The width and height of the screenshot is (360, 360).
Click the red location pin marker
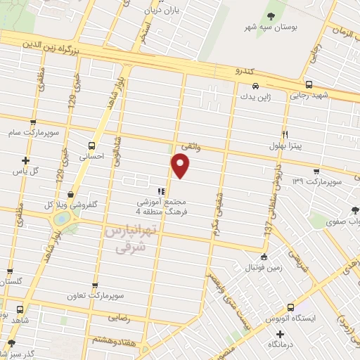[x=181, y=166]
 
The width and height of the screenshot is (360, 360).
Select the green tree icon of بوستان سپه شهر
[x=271, y=16]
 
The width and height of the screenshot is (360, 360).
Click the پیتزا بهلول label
[x=285, y=146]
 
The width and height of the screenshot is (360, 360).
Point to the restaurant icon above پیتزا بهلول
[x=285, y=134]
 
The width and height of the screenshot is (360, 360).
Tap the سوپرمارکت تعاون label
[x=94, y=297]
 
